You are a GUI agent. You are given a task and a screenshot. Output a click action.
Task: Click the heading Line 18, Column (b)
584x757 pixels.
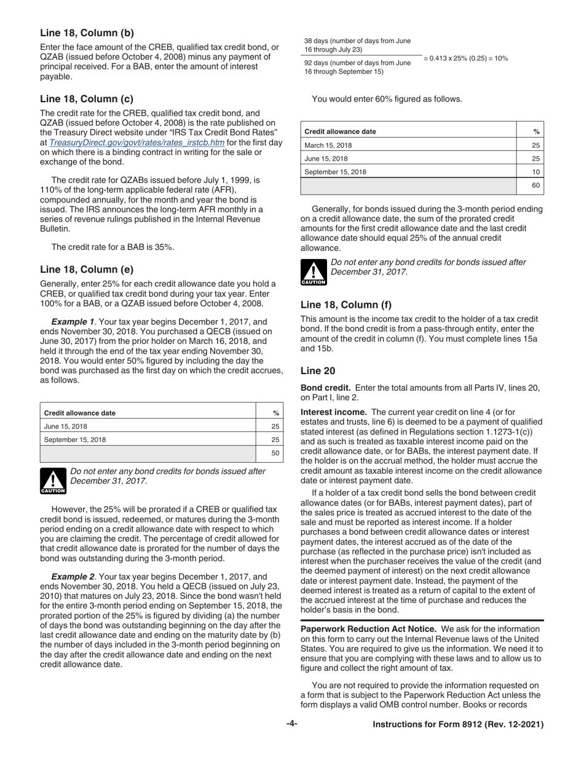pyautogui.click(x=87, y=33)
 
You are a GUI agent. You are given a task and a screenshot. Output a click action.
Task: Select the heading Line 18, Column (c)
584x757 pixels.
pyautogui.click(x=87, y=98)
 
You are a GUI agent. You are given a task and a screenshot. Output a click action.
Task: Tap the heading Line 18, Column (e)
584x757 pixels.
pyautogui.click(x=87, y=269)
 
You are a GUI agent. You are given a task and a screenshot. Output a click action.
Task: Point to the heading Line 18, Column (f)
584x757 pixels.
pyautogui.click(x=345, y=304)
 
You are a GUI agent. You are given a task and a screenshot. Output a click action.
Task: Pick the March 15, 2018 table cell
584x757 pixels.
pyautogui.click(x=329, y=145)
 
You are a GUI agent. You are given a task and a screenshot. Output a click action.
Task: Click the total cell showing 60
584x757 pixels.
pyautogui.click(x=535, y=185)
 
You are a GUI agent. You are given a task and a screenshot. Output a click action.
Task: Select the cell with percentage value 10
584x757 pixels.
pyautogui.click(x=535, y=172)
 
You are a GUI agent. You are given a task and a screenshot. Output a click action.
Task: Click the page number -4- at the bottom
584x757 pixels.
pyautogui.click(x=291, y=725)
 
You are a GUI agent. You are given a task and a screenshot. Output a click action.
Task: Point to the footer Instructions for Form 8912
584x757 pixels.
pyautogui.click(x=458, y=725)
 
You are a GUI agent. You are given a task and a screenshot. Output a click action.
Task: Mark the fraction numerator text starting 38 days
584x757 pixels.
pyautogui.click(x=357, y=45)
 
